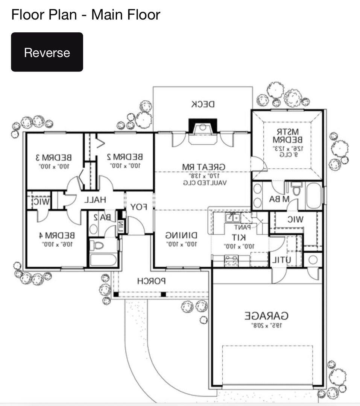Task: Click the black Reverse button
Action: [x=47, y=52]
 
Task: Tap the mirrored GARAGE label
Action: [x=267, y=315]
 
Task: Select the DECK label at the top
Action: [x=203, y=104]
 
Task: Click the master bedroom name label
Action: [x=287, y=136]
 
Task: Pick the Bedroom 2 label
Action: [x=125, y=156]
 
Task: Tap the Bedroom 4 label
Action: [x=57, y=236]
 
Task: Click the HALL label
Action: [x=95, y=200]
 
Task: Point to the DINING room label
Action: [x=181, y=236]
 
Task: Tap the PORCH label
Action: [x=151, y=281]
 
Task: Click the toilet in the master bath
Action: [x=297, y=189]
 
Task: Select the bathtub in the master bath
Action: [x=314, y=195]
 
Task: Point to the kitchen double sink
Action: [x=233, y=217]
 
